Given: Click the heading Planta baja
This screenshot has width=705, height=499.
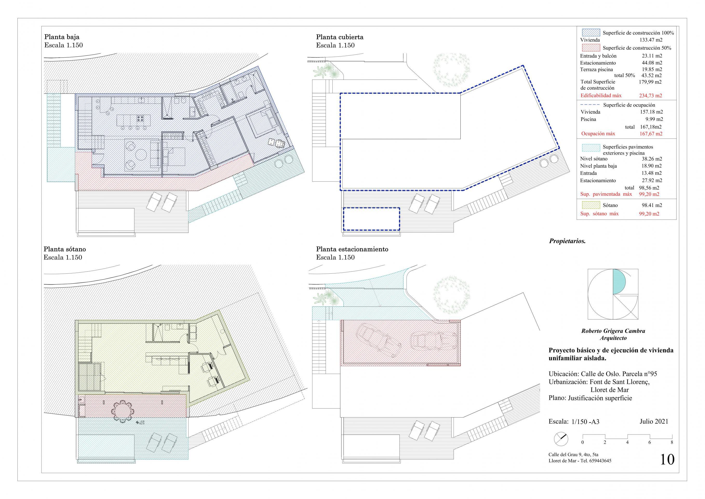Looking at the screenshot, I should [x=62, y=37].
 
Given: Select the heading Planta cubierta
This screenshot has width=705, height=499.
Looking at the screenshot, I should [x=340, y=37].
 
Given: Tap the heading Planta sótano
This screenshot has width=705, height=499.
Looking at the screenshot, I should [x=64, y=249].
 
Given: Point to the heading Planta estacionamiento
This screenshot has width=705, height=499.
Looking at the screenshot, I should [x=352, y=249].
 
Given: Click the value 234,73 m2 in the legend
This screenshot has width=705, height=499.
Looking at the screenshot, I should [x=650, y=96].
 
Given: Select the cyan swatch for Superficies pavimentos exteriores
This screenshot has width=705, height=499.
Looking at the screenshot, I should [x=591, y=148].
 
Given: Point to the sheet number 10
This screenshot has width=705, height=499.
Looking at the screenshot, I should [x=667, y=468].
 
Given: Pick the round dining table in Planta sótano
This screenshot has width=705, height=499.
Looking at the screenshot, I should [x=123, y=411].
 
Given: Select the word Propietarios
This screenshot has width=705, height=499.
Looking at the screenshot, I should [x=567, y=241].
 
